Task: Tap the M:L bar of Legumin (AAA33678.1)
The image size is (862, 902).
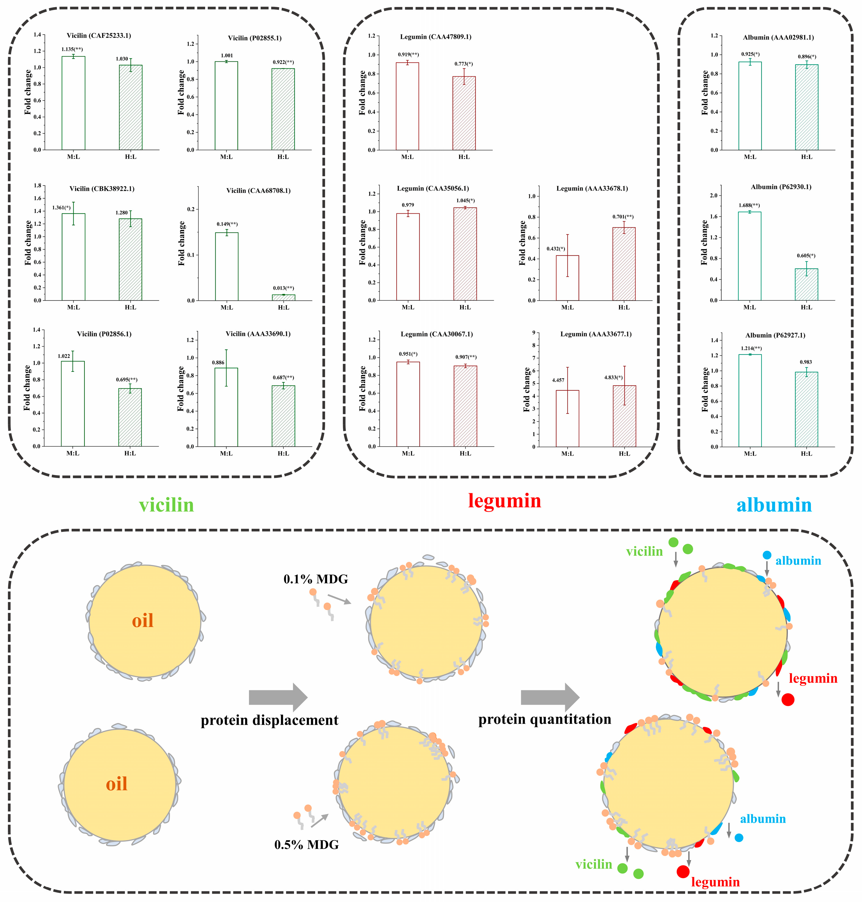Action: click(567, 278)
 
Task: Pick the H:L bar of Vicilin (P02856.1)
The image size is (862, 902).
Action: click(130, 417)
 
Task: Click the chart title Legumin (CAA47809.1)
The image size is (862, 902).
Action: click(436, 37)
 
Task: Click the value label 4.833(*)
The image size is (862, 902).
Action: click(613, 378)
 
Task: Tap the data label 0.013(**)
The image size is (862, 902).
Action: click(283, 288)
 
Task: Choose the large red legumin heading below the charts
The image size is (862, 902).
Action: click(505, 501)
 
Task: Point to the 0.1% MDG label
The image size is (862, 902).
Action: click(316, 579)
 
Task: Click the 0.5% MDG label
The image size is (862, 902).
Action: click(306, 845)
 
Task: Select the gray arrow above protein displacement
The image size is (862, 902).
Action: click(278, 697)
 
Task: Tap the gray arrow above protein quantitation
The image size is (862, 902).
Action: click(550, 697)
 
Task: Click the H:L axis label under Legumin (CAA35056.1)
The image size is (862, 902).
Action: click(465, 307)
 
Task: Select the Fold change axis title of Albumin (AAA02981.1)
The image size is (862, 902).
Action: click(705, 93)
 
